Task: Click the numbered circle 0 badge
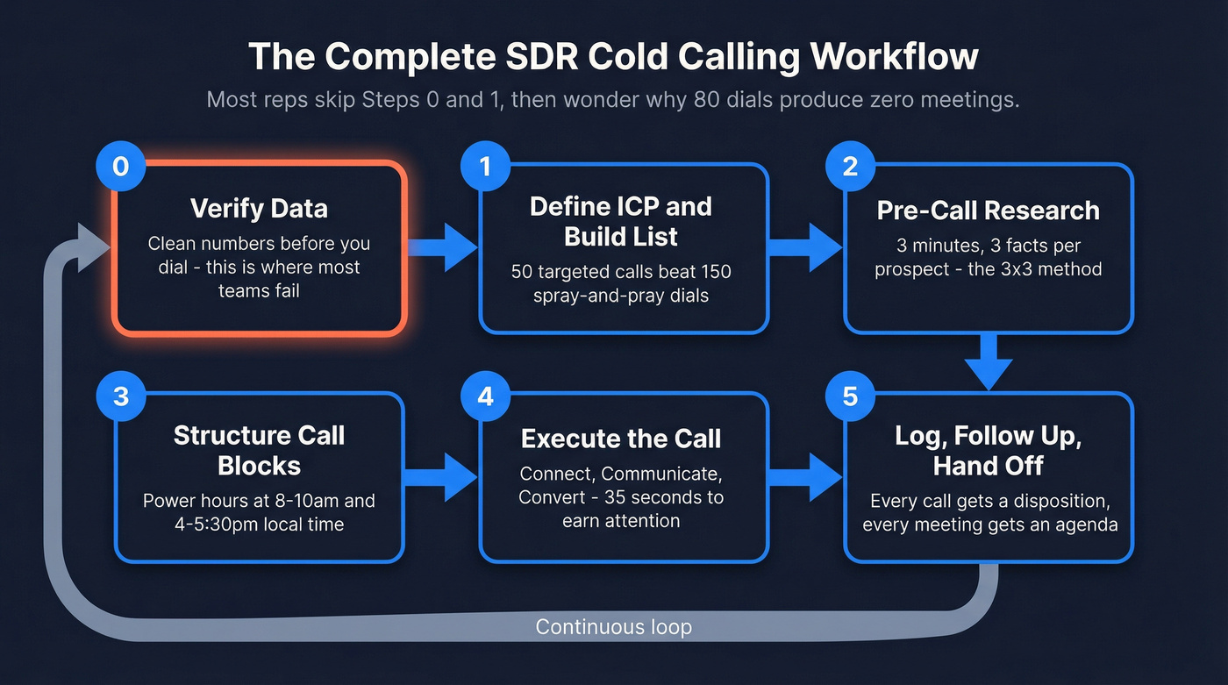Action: point(120,167)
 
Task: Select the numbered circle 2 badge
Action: point(849,167)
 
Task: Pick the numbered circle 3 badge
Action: point(120,396)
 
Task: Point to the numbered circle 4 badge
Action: point(485,396)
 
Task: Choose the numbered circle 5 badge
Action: point(849,396)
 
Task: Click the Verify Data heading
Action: point(259,209)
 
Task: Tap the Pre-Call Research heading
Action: point(988,210)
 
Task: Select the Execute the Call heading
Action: point(621,439)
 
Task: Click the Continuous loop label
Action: point(613,627)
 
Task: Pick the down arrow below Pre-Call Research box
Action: point(989,362)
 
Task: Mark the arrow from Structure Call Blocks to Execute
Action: point(443,478)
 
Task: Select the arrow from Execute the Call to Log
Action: point(806,478)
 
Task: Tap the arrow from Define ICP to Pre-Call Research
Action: point(806,246)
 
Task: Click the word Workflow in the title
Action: point(894,58)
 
